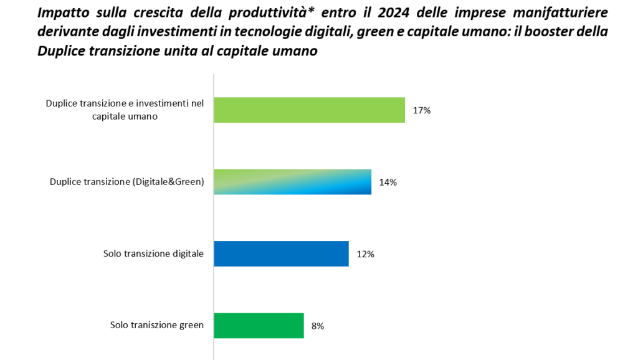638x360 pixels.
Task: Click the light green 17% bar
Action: click(309, 110)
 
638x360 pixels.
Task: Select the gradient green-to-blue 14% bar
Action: click(292, 182)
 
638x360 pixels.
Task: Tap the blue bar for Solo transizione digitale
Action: click(281, 253)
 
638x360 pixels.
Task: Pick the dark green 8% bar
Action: click(259, 325)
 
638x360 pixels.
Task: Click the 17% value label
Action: click(422, 110)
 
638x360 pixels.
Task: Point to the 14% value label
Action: click(388, 182)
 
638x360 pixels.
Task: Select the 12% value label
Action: click(365, 254)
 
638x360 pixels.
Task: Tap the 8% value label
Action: click(317, 326)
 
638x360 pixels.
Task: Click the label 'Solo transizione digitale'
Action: click(154, 253)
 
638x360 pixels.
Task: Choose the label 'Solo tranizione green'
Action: click(157, 325)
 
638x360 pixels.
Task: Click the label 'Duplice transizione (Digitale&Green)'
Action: click(127, 182)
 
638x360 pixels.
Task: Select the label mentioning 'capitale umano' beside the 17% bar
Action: click(125, 110)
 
